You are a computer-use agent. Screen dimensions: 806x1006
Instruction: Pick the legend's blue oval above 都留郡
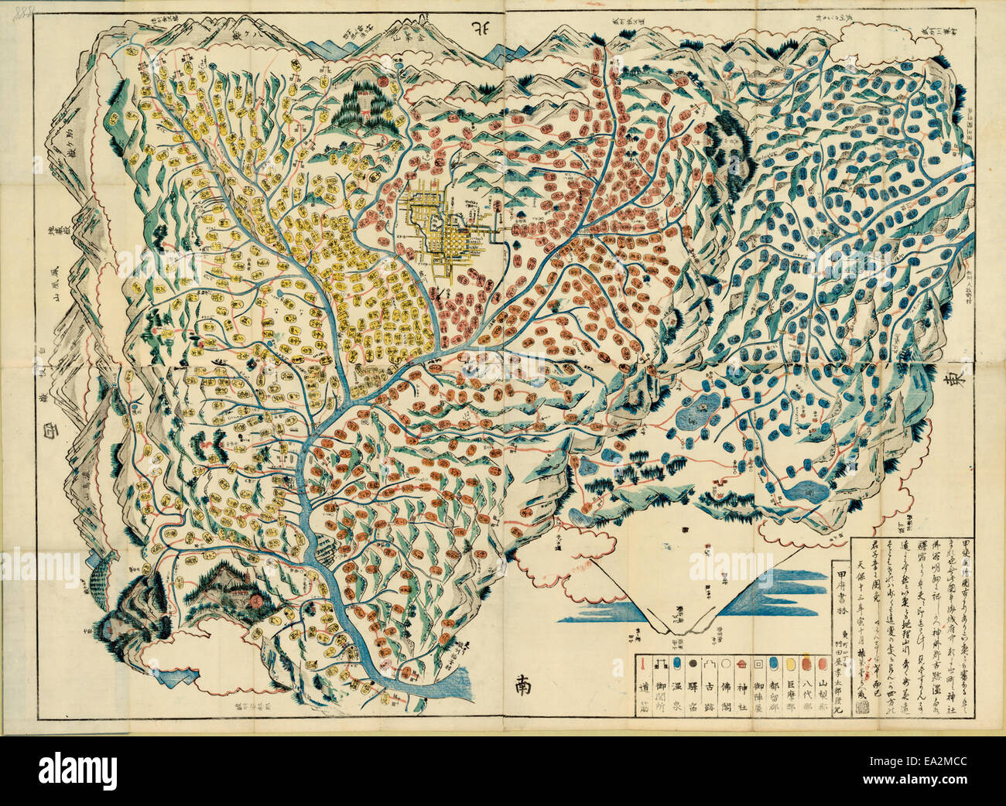pos(773,664)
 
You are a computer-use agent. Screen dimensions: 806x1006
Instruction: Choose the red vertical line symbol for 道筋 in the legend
pos(642,664)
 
